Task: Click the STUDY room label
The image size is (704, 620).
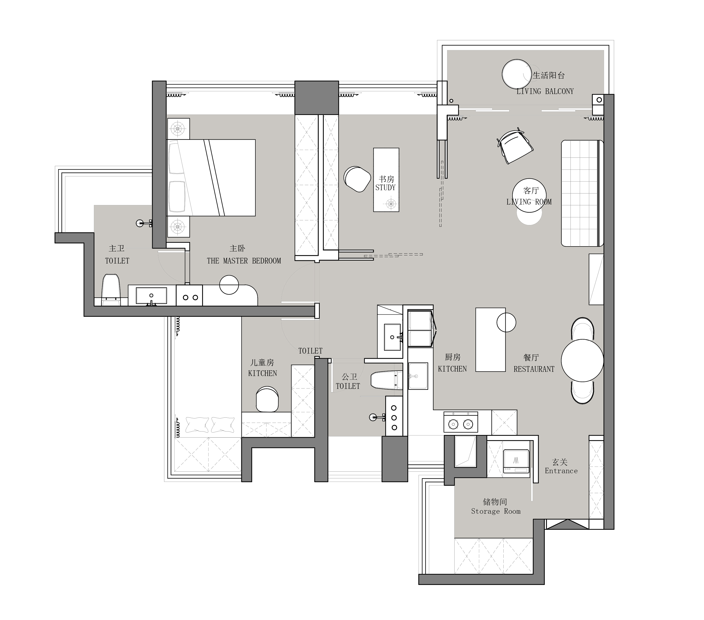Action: coord(386,188)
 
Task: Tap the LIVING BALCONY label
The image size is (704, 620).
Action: coord(545,91)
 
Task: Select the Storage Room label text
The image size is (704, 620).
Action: coord(496,511)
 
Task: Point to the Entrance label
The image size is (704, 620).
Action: coord(561,471)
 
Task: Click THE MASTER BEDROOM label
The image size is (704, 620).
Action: coord(244,261)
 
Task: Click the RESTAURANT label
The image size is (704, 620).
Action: coord(534,369)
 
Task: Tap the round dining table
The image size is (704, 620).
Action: coord(582,360)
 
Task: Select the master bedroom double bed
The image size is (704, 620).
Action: coord(211,178)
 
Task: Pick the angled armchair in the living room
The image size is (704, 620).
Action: coord(515,146)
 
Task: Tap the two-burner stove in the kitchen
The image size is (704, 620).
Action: coord(461,422)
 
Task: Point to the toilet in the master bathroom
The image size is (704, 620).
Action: coord(111,290)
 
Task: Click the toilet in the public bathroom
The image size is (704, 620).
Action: coord(387,380)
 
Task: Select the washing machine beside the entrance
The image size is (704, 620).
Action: coord(516,463)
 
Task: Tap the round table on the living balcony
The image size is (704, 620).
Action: coord(517,74)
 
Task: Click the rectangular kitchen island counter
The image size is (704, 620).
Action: coord(491,339)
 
